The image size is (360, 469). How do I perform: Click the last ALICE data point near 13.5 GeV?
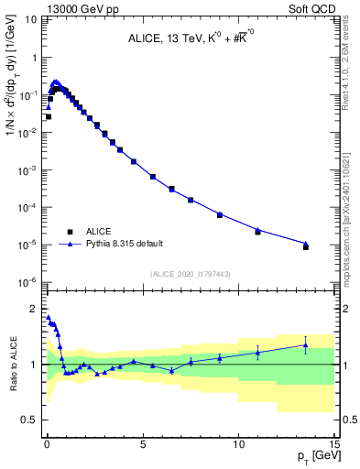pyautogui.click(x=306, y=247)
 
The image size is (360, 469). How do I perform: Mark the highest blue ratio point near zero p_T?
pyautogui.click(x=48, y=318)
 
